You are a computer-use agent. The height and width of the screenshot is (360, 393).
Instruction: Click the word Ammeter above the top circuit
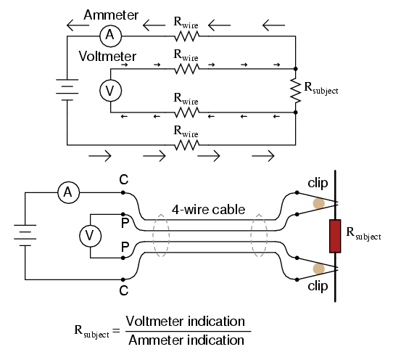click(111, 15)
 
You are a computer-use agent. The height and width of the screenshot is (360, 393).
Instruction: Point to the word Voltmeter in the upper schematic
click(107, 56)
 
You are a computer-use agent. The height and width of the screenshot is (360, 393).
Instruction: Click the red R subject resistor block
click(335, 236)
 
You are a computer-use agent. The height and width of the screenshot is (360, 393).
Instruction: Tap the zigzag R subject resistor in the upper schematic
click(296, 91)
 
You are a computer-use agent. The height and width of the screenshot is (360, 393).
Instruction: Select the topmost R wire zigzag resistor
click(187, 36)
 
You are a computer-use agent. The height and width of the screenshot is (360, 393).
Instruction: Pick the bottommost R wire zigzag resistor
click(187, 145)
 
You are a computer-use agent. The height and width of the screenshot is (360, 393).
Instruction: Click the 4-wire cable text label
click(208, 210)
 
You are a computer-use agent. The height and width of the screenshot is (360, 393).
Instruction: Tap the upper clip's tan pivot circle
click(319, 203)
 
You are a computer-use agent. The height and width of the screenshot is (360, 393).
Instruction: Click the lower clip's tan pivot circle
click(319, 269)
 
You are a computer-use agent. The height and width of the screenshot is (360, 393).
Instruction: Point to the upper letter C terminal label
click(124, 180)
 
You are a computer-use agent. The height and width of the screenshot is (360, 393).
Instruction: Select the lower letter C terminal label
click(124, 290)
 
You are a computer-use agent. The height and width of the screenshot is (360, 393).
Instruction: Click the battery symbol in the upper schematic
click(67, 90)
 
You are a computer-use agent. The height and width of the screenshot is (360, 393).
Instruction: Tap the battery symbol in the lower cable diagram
click(25, 235)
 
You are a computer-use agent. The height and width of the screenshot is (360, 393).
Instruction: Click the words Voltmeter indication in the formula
click(185, 322)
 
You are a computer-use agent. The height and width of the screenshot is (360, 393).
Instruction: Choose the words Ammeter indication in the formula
click(186, 340)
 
